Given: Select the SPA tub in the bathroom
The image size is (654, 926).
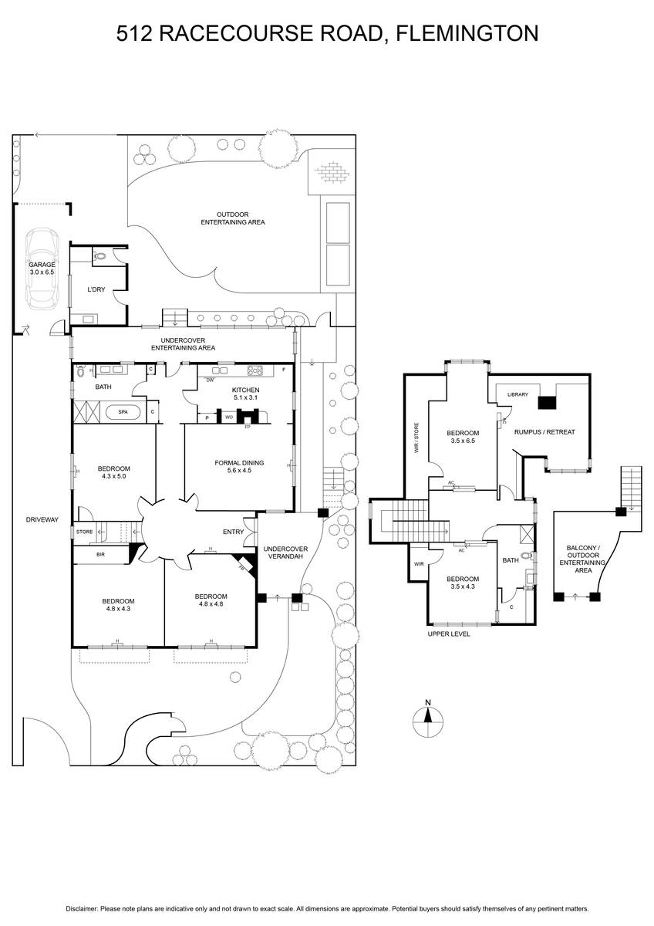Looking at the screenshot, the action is (123, 412).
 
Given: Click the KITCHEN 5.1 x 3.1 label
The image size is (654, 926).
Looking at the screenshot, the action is (245, 394).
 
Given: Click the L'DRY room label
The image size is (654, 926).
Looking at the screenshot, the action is (96, 289).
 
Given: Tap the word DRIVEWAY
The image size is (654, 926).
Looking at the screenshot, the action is (42, 519).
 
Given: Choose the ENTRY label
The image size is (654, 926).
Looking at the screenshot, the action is (233, 532).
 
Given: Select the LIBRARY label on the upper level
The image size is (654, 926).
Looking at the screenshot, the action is (517, 394).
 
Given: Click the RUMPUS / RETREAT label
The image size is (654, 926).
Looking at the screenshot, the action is (544, 432).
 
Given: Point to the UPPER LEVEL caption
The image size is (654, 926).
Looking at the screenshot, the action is (449, 634).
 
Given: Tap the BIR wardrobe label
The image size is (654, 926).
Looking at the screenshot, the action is (100, 554).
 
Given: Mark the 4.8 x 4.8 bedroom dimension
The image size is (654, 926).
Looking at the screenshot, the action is (211, 603).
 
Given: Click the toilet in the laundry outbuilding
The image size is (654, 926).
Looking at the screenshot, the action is (99, 256).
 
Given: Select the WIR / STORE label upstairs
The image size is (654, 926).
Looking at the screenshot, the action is (416, 438).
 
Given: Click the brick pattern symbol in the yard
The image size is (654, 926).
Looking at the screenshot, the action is (332, 171).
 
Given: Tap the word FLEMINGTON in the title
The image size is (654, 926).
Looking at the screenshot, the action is (467, 33).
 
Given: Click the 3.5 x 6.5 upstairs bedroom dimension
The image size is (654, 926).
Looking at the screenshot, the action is (463, 441).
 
